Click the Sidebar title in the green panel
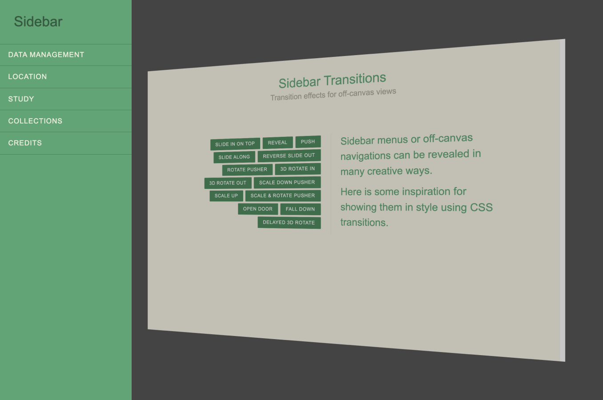(38, 21)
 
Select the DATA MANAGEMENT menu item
(46, 55)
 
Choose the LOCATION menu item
(28, 76)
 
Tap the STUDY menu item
(21, 99)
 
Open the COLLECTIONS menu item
(35, 121)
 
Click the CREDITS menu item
(25, 143)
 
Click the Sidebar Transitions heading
(332, 80)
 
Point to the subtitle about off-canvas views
(333, 94)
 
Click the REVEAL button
(277, 143)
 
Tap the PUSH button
(308, 142)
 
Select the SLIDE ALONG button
(234, 157)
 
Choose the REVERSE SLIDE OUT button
(289, 156)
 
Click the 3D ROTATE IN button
(297, 169)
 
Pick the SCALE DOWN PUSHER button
(287, 182)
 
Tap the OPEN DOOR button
(257, 209)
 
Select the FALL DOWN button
(300, 209)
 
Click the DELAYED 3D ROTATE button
(289, 222)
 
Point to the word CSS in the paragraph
(481, 208)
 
